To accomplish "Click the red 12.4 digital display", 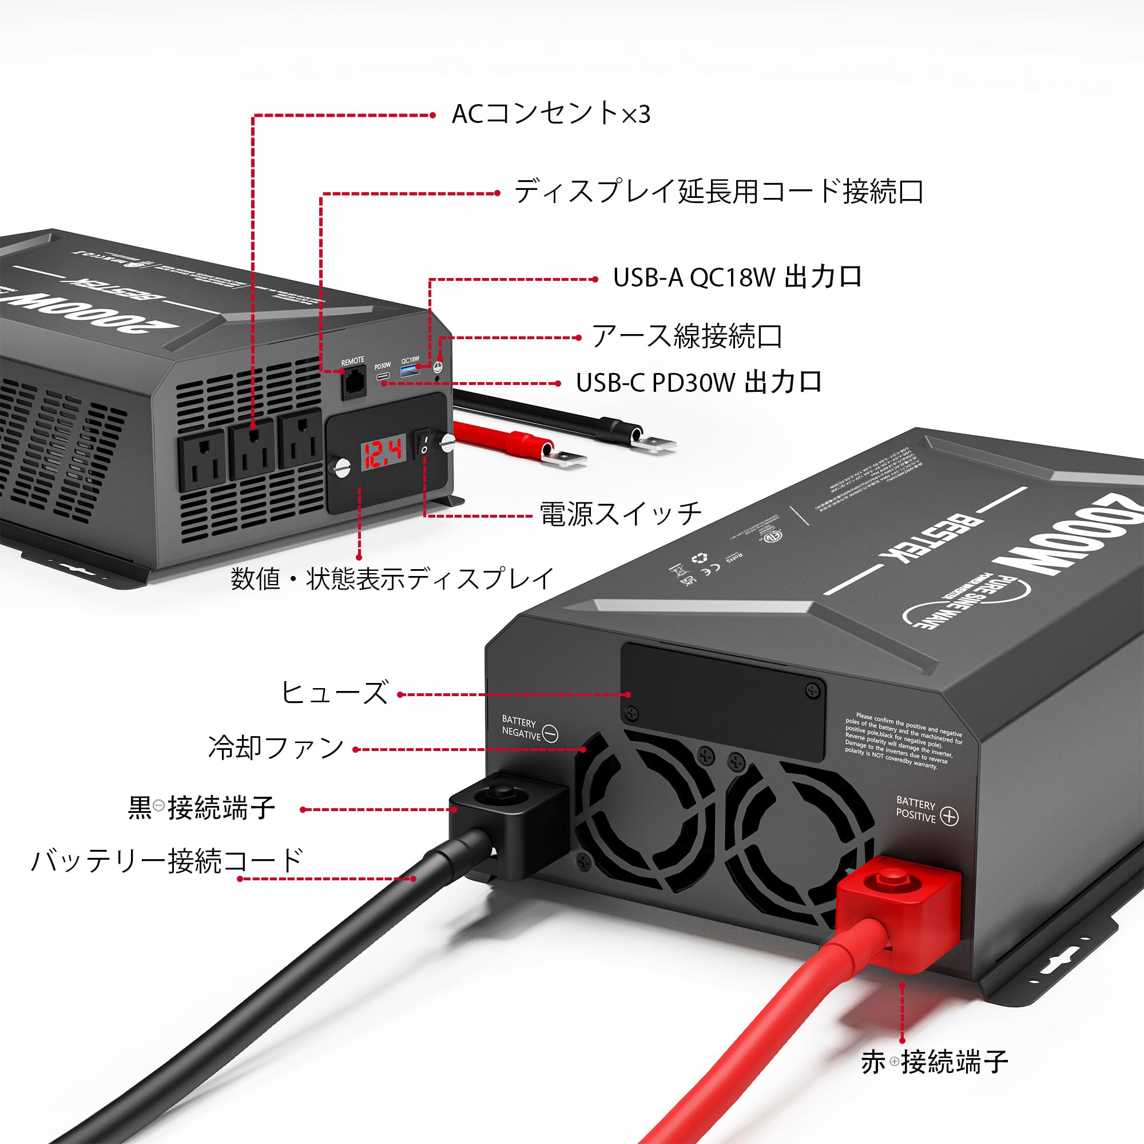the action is [383, 452].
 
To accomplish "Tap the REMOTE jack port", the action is [353, 384].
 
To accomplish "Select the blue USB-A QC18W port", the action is [409, 371].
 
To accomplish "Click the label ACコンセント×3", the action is [551, 114].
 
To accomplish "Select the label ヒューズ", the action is [334, 692].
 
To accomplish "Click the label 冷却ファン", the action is [276, 747].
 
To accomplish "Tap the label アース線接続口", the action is [687, 336].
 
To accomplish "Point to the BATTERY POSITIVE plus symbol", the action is [949, 817].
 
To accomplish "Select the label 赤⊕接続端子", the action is [935, 1062].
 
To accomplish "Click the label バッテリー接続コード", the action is [167, 860].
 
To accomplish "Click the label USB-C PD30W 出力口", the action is [699, 383].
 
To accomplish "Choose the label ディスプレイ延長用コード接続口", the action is [718, 192].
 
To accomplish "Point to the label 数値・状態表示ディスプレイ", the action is [392, 578].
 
